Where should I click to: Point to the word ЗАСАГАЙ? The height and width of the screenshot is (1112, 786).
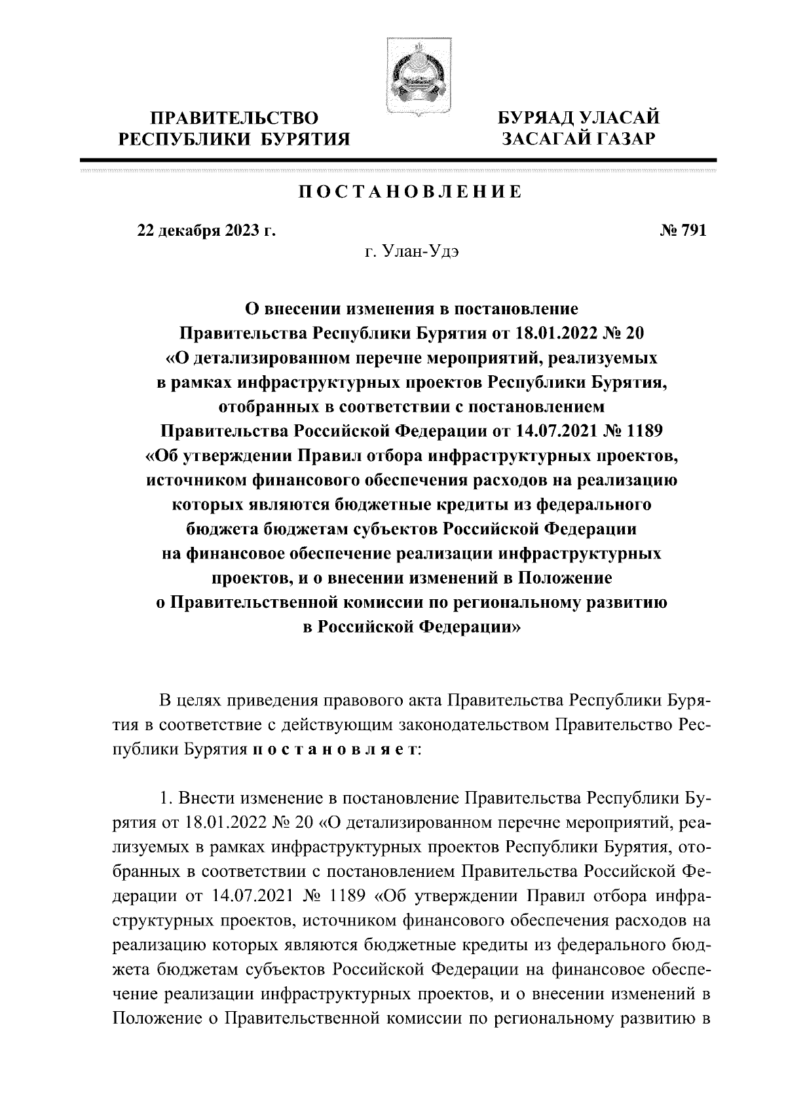click(x=542, y=139)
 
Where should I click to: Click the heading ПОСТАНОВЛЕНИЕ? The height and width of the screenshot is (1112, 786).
click(x=411, y=192)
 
